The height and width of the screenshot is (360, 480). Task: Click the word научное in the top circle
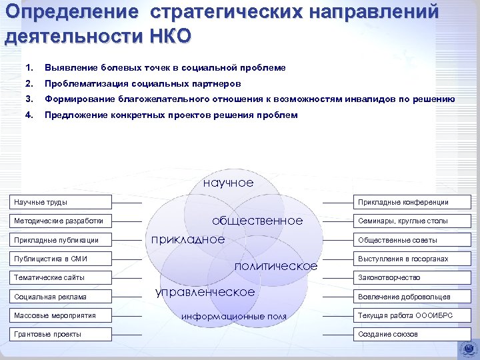(228, 182)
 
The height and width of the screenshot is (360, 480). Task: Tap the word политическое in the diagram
(277, 266)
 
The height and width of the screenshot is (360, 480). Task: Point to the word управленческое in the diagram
(205, 292)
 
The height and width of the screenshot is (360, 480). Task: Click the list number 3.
(28, 99)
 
